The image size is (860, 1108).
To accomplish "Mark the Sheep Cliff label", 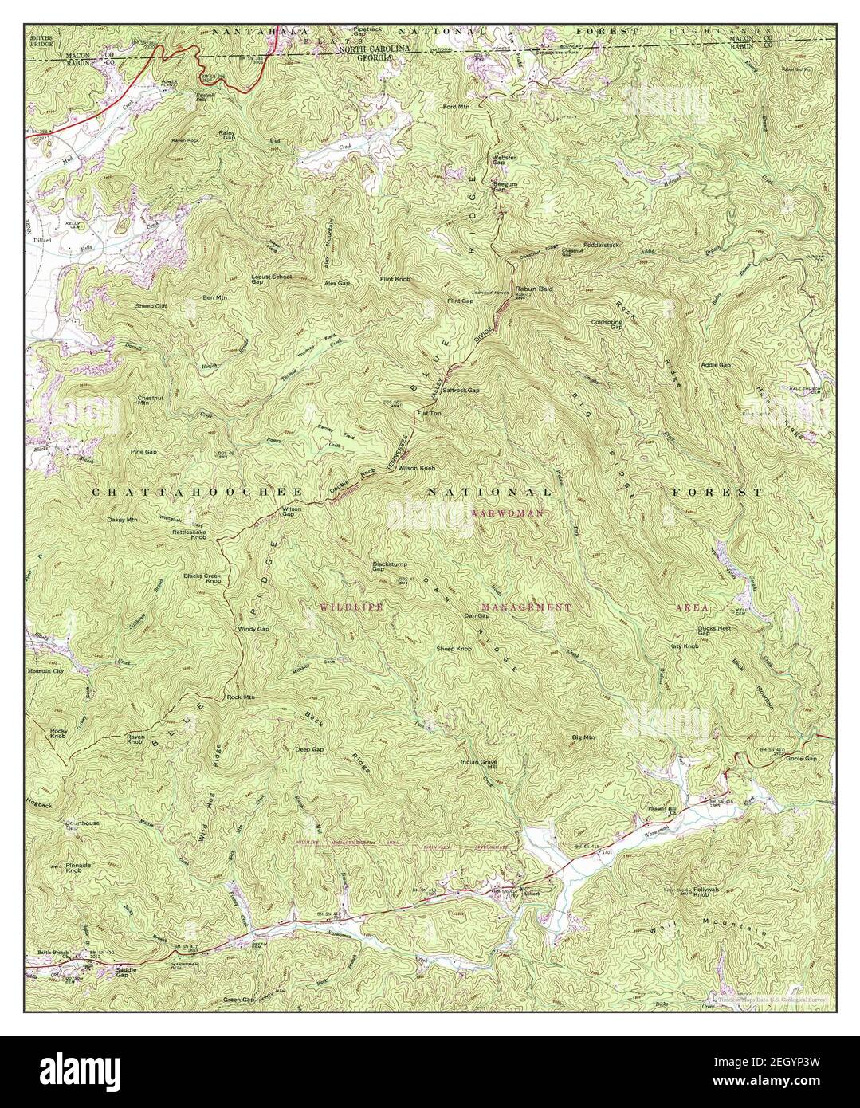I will [147, 305].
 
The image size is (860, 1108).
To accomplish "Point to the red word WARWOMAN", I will [507, 513].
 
